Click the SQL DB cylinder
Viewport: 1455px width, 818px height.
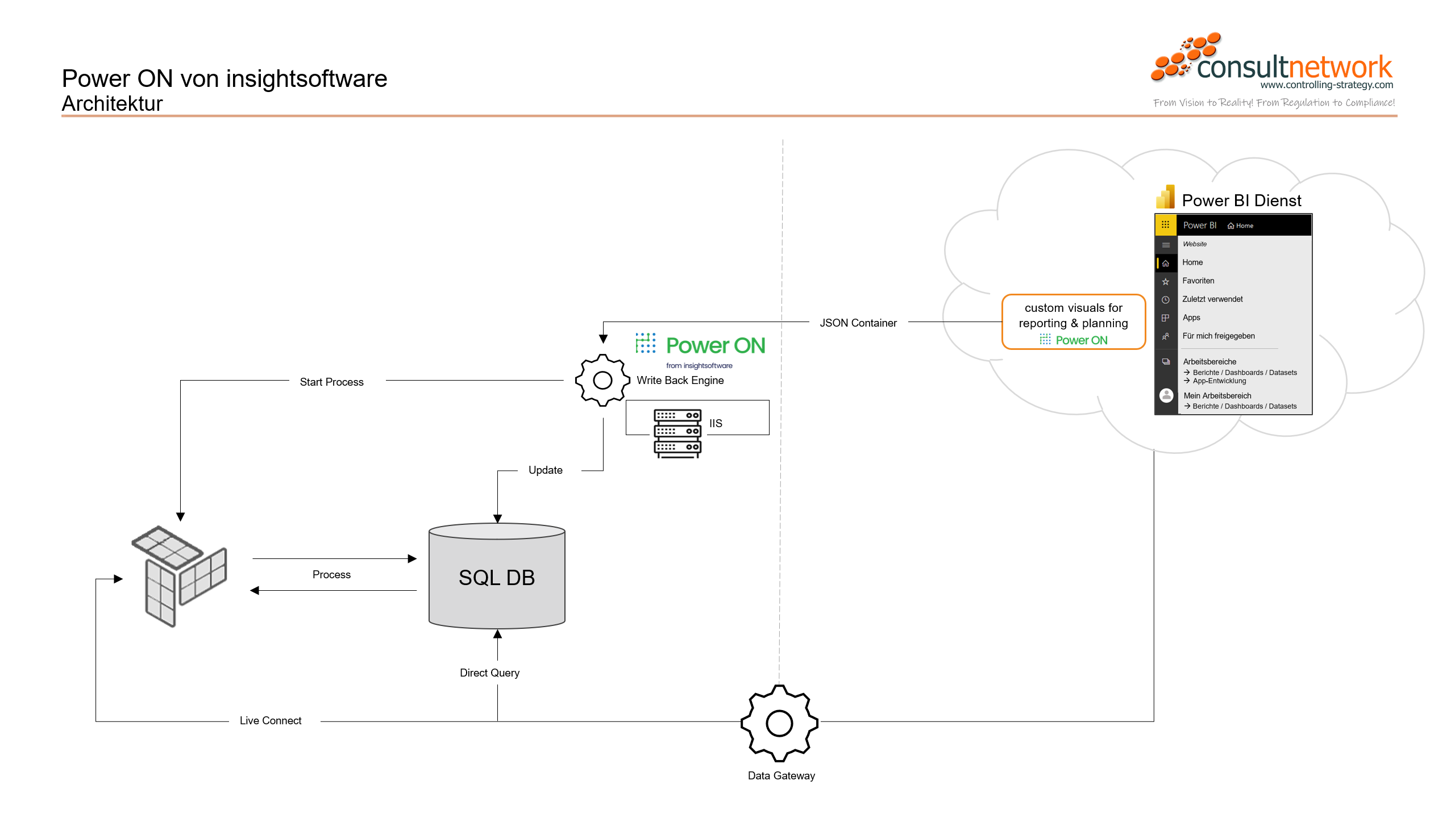point(497,577)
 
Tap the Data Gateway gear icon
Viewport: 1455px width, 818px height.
point(779,723)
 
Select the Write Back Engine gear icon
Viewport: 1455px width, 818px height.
point(602,380)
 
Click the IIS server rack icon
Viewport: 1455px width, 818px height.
point(677,432)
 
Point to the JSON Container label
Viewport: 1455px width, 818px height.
point(858,323)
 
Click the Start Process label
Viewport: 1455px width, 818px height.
point(331,382)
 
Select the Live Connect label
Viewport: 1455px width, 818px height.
point(271,720)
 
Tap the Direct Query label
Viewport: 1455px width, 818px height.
point(489,673)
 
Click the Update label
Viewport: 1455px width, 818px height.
point(545,470)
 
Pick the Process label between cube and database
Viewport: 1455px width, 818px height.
point(331,574)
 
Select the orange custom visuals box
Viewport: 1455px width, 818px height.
point(1073,322)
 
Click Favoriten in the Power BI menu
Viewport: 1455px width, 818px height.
point(1198,281)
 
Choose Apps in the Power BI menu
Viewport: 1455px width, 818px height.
point(1191,318)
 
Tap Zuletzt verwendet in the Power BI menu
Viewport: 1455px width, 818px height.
point(1212,299)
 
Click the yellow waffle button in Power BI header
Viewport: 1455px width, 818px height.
point(1165,225)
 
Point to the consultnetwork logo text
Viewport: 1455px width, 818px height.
point(1294,68)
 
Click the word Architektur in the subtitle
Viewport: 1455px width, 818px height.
point(112,103)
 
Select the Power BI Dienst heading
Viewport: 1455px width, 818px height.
point(1241,200)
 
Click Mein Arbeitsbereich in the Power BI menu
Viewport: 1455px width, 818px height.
point(1217,395)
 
